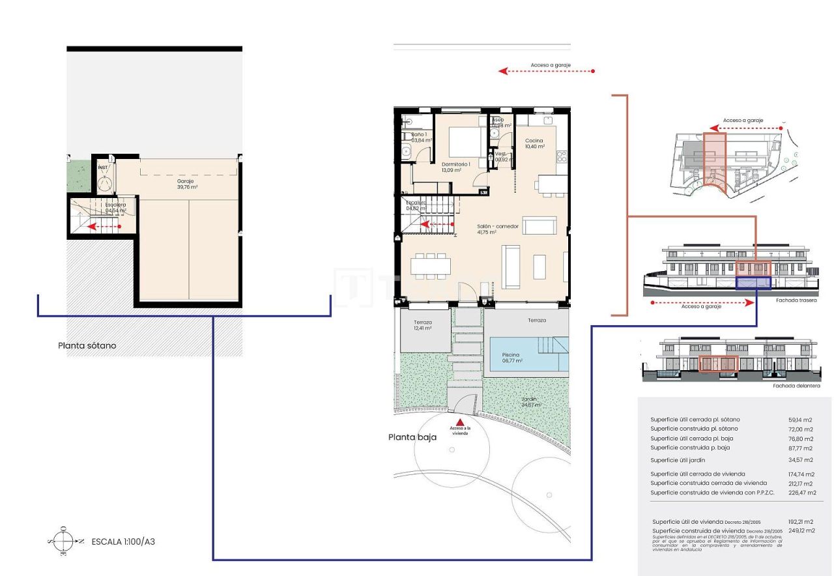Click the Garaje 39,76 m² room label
pyautogui.click(x=187, y=184)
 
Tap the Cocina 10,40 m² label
pyautogui.click(x=534, y=143)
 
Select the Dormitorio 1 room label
pyautogui.click(x=455, y=167)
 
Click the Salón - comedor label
pyautogui.click(x=497, y=229)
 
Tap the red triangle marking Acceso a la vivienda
pyautogui.click(x=459, y=422)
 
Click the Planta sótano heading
pyautogui.click(x=87, y=345)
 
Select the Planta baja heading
pyautogui.click(x=412, y=437)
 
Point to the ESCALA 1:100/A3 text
pyautogui.click(x=123, y=541)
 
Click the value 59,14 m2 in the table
pyautogui.click(x=800, y=420)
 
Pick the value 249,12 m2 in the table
pyautogui.click(x=800, y=530)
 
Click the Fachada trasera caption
pyautogui.click(x=794, y=301)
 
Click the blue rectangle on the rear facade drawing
pyautogui.click(x=753, y=283)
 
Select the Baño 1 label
pyautogui.click(x=418, y=136)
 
